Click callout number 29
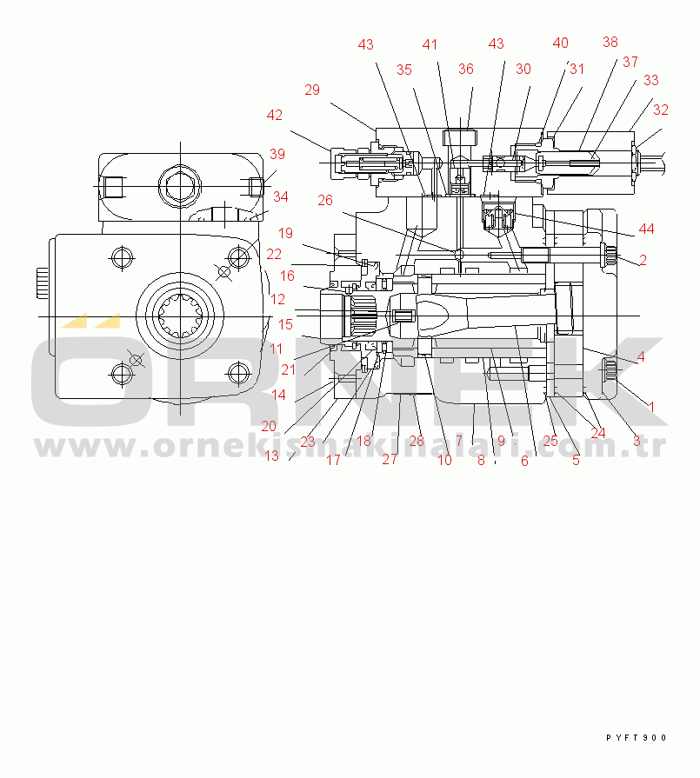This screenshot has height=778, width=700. (312, 90)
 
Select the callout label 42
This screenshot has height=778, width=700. (275, 115)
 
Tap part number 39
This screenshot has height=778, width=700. (277, 154)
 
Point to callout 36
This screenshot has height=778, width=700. (466, 70)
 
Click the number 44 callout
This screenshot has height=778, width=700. (645, 229)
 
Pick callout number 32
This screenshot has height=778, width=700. (660, 110)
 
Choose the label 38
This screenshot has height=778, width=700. (610, 42)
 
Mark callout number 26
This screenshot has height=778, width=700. (324, 200)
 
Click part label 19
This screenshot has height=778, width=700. (286, 233)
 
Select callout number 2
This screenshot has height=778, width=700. (643, 260)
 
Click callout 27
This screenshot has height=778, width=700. (389, 460)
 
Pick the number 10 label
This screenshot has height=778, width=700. (444, 461)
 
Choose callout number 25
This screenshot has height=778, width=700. (550, 441)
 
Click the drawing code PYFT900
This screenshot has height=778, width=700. (636, 738)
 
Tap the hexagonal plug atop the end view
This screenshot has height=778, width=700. (180, 184)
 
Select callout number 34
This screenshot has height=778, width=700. (280, 196)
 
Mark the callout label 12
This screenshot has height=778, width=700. (277, 299)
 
